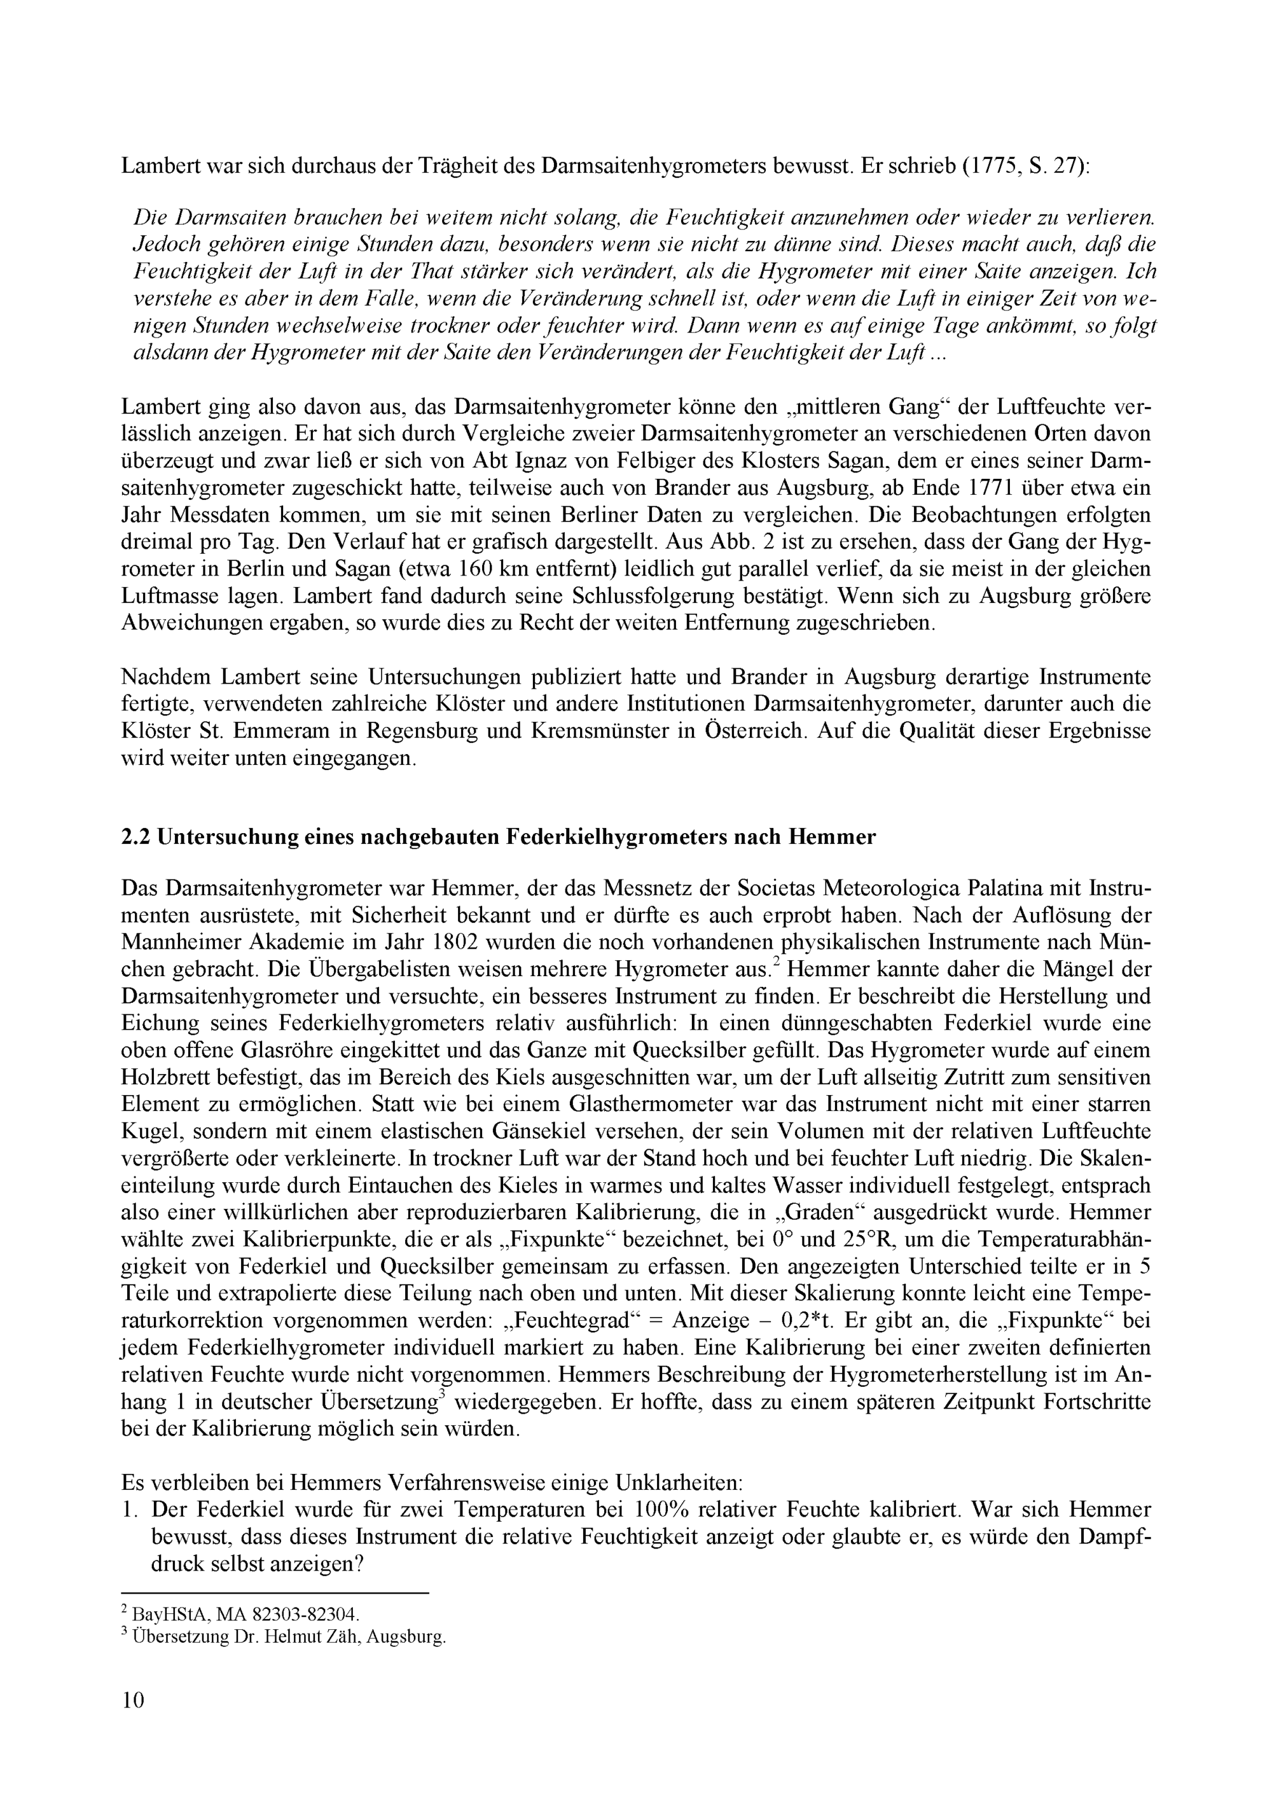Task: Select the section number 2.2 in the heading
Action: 136,837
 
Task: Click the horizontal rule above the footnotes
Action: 275,1593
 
